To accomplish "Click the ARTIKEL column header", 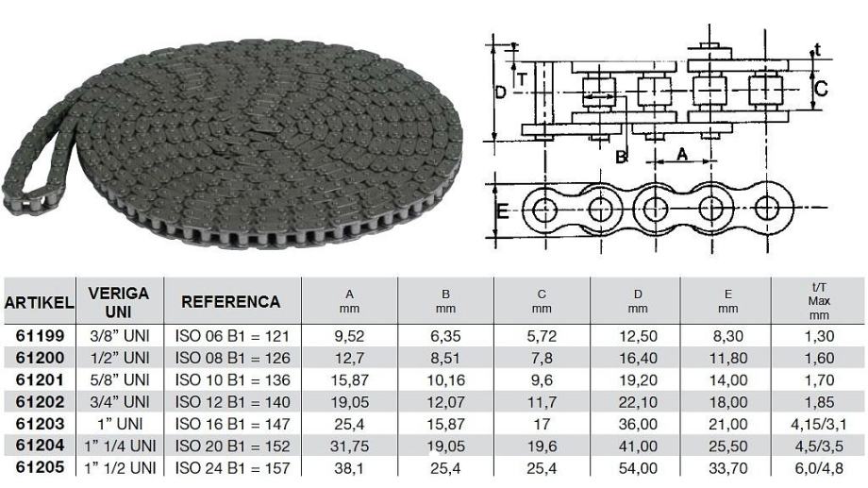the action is coord(39,302).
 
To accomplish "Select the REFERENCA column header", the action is coord(231,302).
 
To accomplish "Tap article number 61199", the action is coord(40,336).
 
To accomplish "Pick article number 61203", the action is coord(40,424).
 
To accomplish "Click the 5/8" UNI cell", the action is coord(120,380).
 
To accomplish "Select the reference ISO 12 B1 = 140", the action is coord(232,402).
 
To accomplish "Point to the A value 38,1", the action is coord(349,468).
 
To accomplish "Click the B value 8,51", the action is coord(445,359).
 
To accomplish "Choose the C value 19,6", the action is coord(542,446).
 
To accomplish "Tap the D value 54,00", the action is coord(638,468).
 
